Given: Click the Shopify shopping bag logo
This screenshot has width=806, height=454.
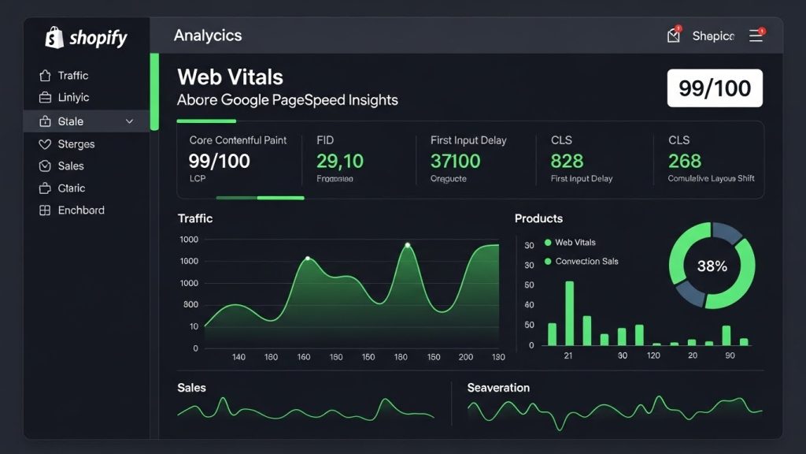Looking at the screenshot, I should [x=54, y=37].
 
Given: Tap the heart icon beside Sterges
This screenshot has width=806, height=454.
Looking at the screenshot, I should [x=44, y=144].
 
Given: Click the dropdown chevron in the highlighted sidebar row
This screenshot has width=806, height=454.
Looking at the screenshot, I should [x=130, y=121].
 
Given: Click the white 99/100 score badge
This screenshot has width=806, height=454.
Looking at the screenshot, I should [x=715, y=87].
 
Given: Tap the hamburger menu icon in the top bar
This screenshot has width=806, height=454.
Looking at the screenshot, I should [x=756, y=35].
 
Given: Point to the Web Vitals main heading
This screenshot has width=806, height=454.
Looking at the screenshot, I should [x=230, y=77].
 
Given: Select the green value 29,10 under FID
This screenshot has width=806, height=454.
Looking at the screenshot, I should [x=339, y=162].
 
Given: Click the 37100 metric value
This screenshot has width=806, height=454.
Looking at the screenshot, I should [x=455, y=162].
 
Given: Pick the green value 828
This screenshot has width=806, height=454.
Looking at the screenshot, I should [x=567, y=162].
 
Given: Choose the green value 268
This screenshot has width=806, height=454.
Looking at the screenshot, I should [x=684, y=162].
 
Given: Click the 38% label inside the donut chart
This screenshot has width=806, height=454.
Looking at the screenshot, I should [x=712, y=266].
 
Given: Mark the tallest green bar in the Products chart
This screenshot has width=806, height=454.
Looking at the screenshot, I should [x=569, y=313].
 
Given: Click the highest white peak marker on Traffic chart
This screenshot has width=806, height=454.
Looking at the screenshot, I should [x=408, y=245].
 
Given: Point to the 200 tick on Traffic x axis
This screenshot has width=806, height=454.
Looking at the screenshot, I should [x=465, y=357].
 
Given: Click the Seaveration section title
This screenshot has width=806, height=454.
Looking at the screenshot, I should [x=498, y=388].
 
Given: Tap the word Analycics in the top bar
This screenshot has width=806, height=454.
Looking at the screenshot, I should [x=208, y=35].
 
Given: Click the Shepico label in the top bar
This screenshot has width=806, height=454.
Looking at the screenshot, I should [x=713, y=36].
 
